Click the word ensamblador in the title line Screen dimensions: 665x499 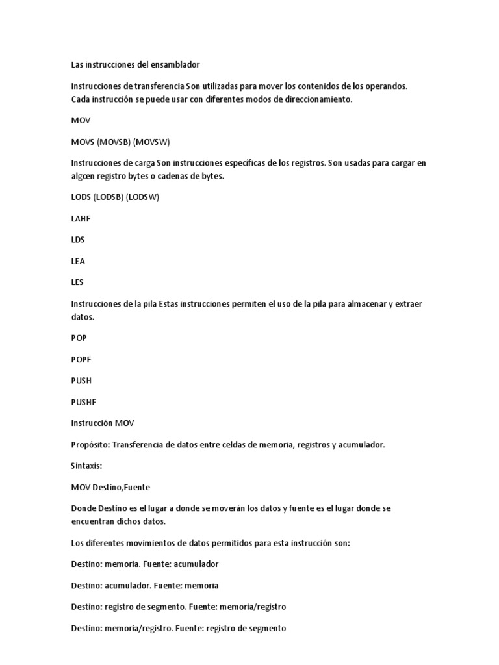tap(173, 64)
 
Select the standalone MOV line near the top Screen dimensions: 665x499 tap(81, 120)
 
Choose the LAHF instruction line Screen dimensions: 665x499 tap(81, 219)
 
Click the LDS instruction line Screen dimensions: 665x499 tap(78, 240)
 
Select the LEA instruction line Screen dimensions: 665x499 tap(78, 261)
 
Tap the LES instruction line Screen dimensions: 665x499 tap(77, 282)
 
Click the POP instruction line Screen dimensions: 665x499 tap(79, 338)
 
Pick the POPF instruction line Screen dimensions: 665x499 tap(81, 359)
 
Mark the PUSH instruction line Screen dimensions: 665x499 tap(81, 381)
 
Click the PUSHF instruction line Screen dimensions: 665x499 tap(83, 402)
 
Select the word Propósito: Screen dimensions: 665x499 tap(91, 445)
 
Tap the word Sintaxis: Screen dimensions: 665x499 tap(86, 466)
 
